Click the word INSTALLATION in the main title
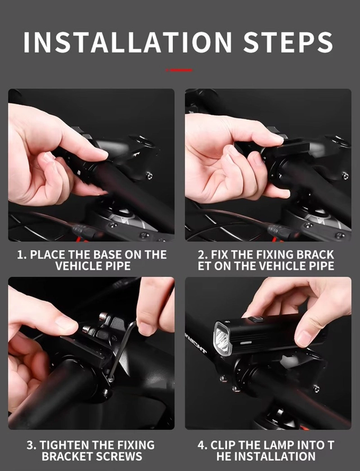click(128, 42)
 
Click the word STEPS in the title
click(288, 42)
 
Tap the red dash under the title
click(179, 70)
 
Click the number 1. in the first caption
click(22, 255)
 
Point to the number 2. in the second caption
click(203, 255)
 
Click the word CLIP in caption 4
click(222, 445)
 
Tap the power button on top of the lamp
click(256, 320)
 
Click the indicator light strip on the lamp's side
click(245, 342)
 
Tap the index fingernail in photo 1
click(101, 154)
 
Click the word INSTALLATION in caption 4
click(266, 456)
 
